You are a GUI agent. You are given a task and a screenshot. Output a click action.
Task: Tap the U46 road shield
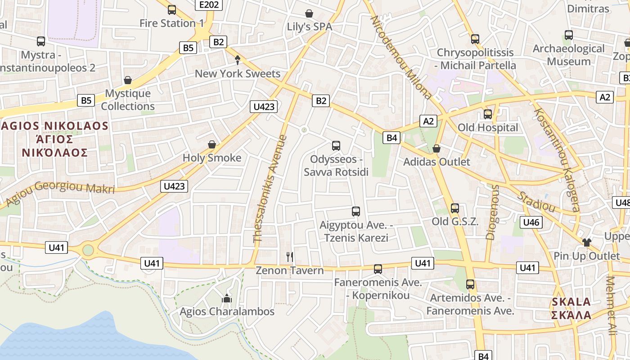[531, 222]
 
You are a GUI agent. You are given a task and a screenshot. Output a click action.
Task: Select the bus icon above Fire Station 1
[171, 10]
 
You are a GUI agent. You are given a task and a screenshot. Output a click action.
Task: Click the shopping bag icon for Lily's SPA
[309, 14]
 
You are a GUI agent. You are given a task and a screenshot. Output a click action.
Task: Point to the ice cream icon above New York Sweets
[238, 60]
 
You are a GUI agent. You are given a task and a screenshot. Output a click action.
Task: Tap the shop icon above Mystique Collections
[128, 81]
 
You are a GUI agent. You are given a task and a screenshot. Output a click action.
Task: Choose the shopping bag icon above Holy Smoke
[212, 144]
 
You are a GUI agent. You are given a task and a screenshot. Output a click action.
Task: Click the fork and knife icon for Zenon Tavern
[290, 257]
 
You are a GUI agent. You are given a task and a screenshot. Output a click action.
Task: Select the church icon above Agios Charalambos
[226, 298]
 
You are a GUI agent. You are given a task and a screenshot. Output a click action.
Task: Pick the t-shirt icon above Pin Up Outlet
[586, 243]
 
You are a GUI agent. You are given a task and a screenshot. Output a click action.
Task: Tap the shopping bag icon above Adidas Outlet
[436, 148]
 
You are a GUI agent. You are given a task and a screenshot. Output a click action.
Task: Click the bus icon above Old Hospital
[488, 114]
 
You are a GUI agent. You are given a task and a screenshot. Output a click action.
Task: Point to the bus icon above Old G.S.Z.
[455, 208]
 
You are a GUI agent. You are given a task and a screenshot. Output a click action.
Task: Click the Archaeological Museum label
[569, 54]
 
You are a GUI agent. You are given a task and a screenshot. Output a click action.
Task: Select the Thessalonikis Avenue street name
[270, 189]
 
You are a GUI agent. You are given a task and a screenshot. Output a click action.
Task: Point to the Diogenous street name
[493, 211]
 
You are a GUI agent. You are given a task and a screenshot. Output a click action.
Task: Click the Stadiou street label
[536, 202]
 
